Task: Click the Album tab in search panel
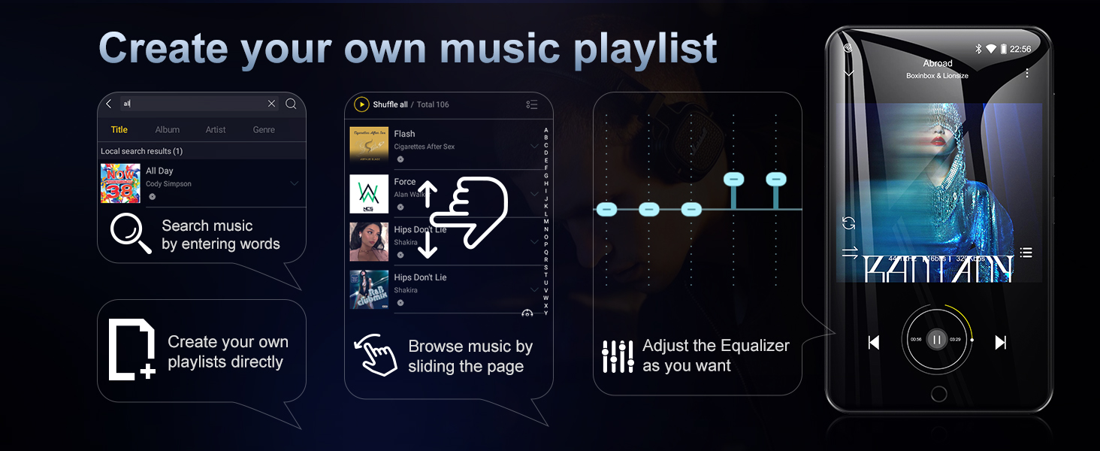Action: pos(167,130)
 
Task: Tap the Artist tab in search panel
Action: pos(216,130)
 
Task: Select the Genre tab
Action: pos(264,130)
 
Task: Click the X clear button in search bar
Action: pos(271,104)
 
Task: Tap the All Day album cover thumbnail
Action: pos(120,183)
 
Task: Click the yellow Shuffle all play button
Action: pos(361,104)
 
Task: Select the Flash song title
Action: pos(404,134)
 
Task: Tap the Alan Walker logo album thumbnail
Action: pos(369,194)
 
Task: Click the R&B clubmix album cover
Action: pos(369,289)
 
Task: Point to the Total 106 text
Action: pos(433,104)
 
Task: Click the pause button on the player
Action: pos(936,340)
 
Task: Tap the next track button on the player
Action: pos(1000,343)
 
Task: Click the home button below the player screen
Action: pos(938,393)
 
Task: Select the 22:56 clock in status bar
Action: pos(1020,49)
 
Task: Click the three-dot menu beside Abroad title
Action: pos(1026,73)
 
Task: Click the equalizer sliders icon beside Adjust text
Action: pos(618,356)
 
